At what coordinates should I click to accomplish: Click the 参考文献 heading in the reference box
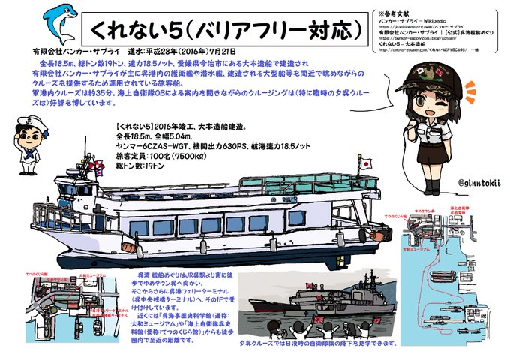402,13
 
